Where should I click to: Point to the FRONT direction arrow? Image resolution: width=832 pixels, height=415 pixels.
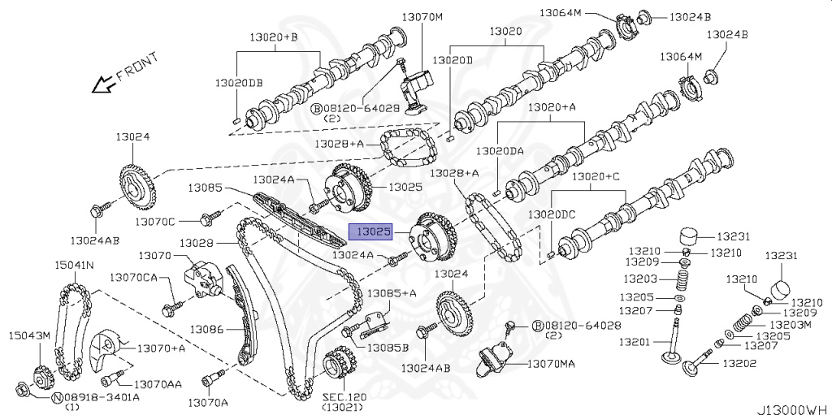pos(103,83)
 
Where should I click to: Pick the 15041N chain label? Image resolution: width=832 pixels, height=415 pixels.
pos(74,265)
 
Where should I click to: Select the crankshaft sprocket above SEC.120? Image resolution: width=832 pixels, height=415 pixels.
pos(340,364)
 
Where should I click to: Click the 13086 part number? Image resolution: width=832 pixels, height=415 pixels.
pos(206,329)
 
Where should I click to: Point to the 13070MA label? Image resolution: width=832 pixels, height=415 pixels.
pos(550,364)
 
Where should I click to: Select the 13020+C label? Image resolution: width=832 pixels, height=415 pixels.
pos(595,176)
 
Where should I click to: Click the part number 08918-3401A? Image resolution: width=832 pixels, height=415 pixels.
pos(102,397)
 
